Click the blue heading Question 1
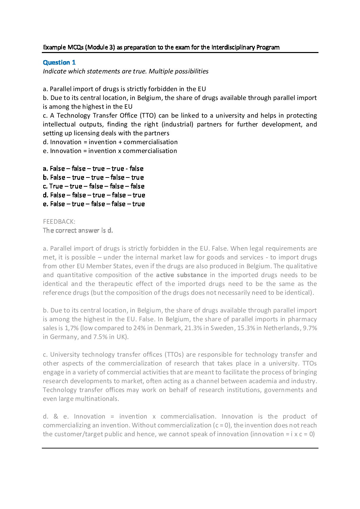tap(59, 62)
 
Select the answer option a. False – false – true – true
tap(93, 168)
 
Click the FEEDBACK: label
tap(59, 221)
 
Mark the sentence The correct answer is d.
tap(78, 230)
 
